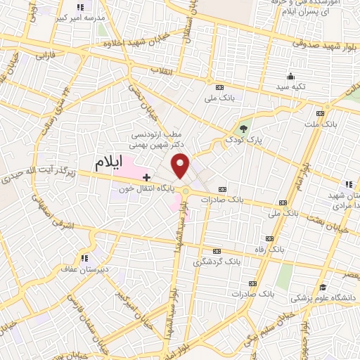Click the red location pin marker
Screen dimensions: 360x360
[x=181, y=166]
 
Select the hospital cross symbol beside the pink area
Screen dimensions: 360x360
[x=146, y=176]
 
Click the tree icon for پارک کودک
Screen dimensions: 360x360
[x=243, y=129]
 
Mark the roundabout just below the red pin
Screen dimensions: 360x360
[x=186, y=191]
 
